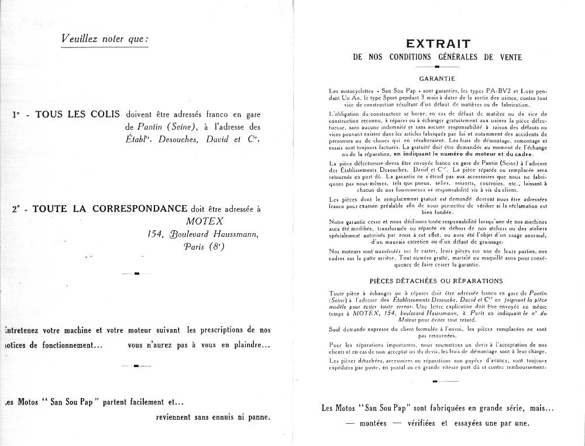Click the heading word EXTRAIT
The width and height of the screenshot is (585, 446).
[x=438, y=43]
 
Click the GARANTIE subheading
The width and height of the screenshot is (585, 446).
[x=438, y=78]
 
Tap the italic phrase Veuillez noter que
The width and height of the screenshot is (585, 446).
[x=105, y=39]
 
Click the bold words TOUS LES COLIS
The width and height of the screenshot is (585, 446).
[x=78, y=114]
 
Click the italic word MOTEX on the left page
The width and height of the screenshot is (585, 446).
[x=204, y=221]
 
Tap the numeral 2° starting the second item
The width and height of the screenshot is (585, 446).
[x=16, y=209]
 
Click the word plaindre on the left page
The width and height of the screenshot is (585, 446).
[x=247, y=345]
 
